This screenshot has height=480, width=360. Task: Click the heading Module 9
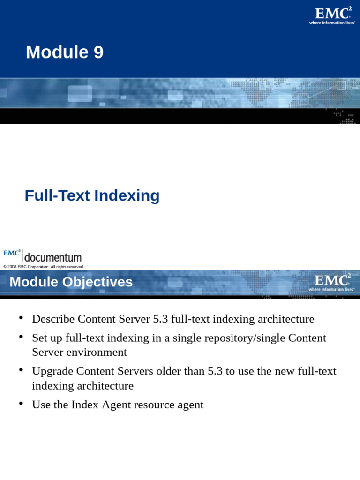coord(65,52)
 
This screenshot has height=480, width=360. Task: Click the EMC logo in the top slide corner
coord(332,15)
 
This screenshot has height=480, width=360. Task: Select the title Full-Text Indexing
coord(92,195)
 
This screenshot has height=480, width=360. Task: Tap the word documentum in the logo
coord(52,257)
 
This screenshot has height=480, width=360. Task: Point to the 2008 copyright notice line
coord(44,267)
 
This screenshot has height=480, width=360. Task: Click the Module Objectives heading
coord(71,282)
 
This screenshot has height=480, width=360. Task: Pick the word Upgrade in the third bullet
coord(52,371)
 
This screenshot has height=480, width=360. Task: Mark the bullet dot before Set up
coord(21,337)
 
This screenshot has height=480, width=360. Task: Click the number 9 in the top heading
coord(98,52)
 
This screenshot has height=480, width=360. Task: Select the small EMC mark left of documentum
coord(12,253)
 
